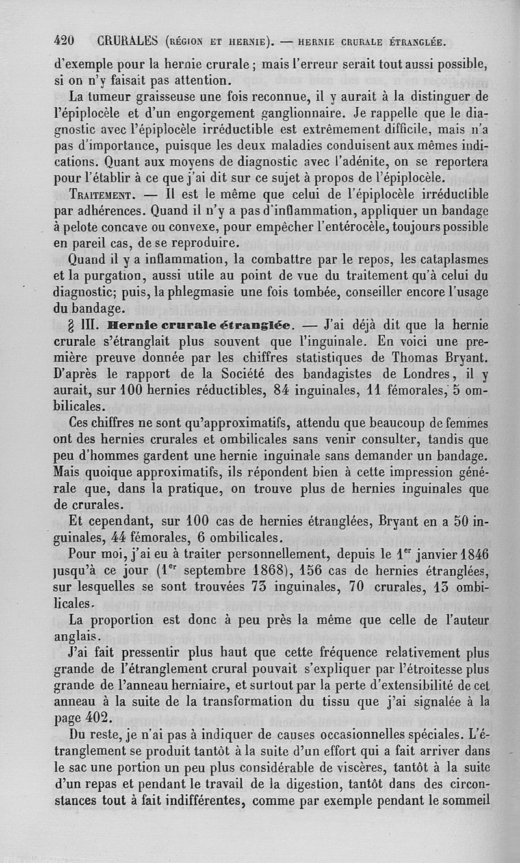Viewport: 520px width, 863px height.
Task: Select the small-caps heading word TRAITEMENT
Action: (102, 194)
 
